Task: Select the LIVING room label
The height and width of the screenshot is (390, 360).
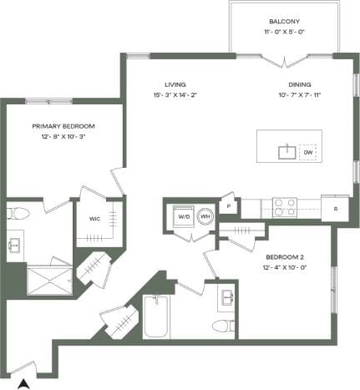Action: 175,84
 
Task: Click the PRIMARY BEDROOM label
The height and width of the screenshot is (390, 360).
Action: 63,126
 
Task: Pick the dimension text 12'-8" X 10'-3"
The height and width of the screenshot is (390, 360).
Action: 63,137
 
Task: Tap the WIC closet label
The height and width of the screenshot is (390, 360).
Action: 94,220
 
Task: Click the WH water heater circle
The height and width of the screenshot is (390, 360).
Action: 204,216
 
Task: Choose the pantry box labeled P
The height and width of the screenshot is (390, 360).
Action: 228,205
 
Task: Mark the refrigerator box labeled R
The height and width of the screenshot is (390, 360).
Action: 335,207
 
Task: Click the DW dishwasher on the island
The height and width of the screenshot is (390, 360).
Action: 307,152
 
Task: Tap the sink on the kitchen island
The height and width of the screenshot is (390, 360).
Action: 286,150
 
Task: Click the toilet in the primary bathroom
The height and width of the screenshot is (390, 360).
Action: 18,215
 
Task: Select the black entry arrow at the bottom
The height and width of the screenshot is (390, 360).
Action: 25,383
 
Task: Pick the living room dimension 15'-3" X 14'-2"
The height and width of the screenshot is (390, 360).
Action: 175,95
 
